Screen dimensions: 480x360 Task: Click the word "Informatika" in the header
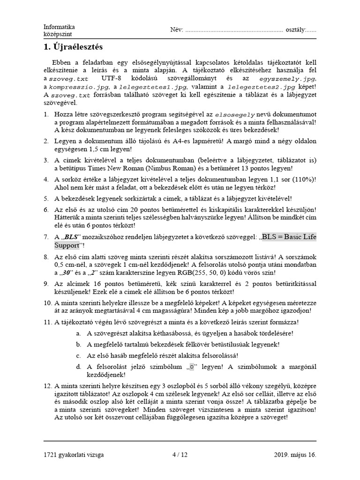[x=59, y=27]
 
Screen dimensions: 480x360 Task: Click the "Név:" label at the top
[x=177, y=30]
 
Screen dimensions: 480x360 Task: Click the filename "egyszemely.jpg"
[x=288, y=79]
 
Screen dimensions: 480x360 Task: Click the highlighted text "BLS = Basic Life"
[x=289, y=237]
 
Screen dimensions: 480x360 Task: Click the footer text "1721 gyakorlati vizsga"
[x=74, y=455]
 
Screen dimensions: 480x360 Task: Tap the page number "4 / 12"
[x=180, y=455]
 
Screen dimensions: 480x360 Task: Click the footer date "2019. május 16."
[x=295, y=455]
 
